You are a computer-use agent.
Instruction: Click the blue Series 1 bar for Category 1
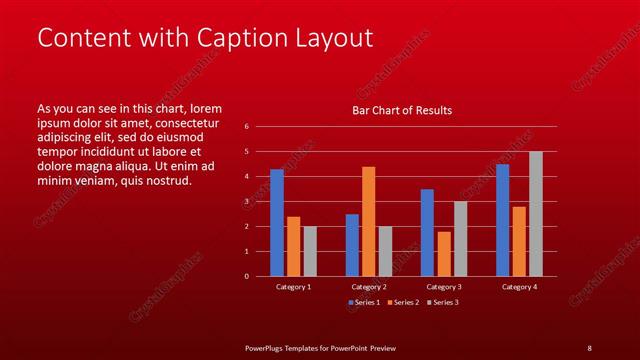(277, 223)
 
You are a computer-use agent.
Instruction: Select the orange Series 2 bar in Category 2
(369, 221)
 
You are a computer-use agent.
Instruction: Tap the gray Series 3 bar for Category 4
(535, 214)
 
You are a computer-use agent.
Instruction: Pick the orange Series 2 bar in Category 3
(444, 254)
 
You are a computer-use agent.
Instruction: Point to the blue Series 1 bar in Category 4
(502, 220)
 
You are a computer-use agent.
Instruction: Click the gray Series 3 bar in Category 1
(310, 251)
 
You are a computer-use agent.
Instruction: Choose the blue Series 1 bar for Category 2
(352, 245)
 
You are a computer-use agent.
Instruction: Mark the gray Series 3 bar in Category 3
(460, 239)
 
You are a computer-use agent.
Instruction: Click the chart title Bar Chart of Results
(402, 110)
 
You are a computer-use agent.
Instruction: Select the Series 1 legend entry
(363, 302)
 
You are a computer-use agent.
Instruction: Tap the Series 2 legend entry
(402, 302)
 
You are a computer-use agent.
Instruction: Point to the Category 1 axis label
(293, 287)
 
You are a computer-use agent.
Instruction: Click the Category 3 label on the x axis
(443, 287)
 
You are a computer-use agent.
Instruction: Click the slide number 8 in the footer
(589, 347)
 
